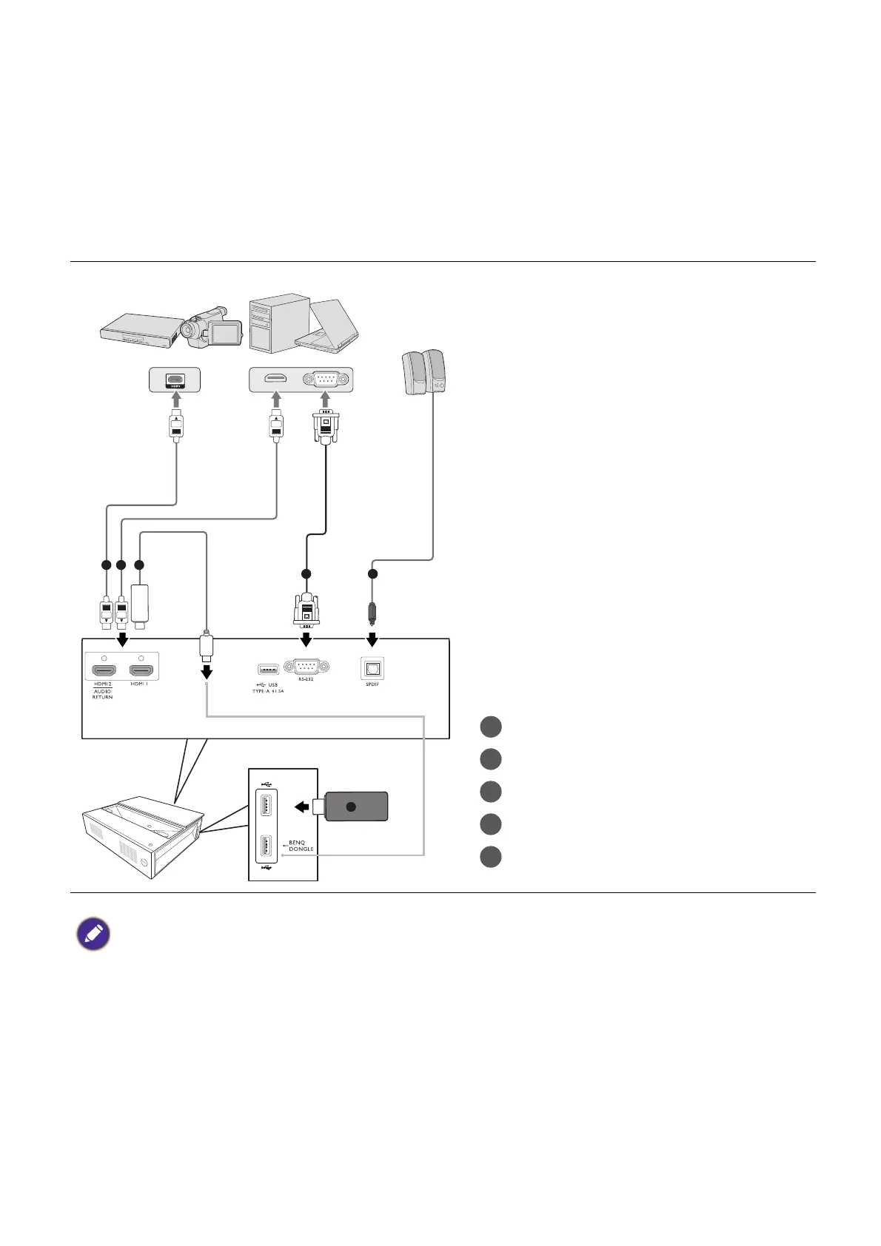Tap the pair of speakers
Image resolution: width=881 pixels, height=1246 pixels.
click(x=423, y=374)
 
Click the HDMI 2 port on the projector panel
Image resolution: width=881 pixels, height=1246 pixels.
click(x=104, y=671)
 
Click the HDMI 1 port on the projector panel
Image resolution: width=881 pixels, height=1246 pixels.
click(x=141, y=671)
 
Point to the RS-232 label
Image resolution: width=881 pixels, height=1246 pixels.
click(x=306, y=679)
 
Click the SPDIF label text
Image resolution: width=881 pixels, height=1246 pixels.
click(x=372, y=684)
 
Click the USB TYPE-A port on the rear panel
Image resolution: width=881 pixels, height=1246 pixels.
click(x=269, y=670)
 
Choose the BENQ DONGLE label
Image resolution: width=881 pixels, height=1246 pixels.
click(x=301, y=846)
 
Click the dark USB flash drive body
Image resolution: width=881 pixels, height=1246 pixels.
click(x=356, y=806)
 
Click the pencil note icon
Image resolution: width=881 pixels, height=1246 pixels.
click(x=93, y=934)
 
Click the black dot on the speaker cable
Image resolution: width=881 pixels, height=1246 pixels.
click(x=372, y=574)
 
